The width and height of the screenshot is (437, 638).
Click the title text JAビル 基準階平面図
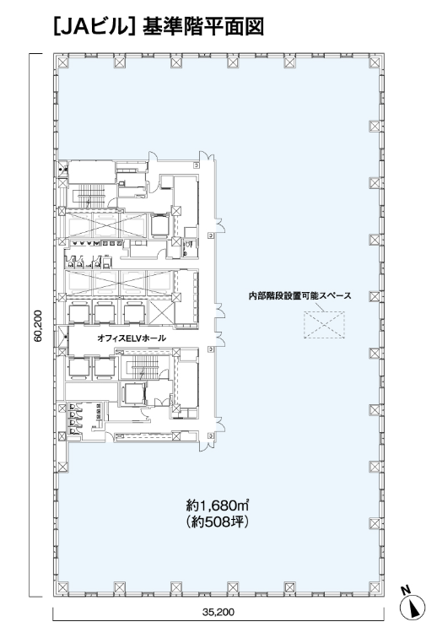(x=159, y=27)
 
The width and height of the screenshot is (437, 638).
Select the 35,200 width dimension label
(x=218, y=612)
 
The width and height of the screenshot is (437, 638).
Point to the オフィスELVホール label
(x=132, y=338)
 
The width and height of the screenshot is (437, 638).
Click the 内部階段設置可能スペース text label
(x=299, y=296)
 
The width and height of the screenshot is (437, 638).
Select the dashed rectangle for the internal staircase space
(x=324, y=325)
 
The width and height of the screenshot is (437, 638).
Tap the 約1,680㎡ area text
(x=218, y=506)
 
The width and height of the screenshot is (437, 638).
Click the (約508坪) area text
(x=218, y=522)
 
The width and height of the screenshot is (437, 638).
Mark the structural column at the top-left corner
(x=62, y=62)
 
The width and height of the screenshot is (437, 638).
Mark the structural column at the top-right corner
(x=375, y=62)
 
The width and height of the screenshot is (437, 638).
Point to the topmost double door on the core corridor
(x=207, y=156)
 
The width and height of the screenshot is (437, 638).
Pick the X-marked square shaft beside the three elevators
(x=161, y=311)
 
